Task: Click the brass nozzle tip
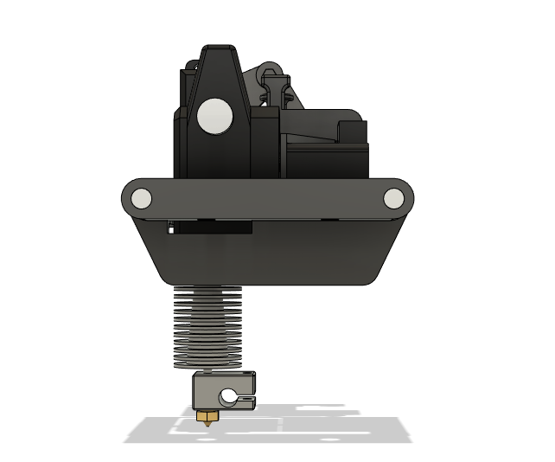(207, 417)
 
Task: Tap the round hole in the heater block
(229, 397)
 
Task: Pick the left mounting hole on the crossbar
(141, 200)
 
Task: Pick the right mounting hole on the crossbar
(393, 200)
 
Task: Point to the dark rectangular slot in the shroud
(212, 228)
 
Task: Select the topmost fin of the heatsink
(209, 291)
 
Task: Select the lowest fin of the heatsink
(209, 362)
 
